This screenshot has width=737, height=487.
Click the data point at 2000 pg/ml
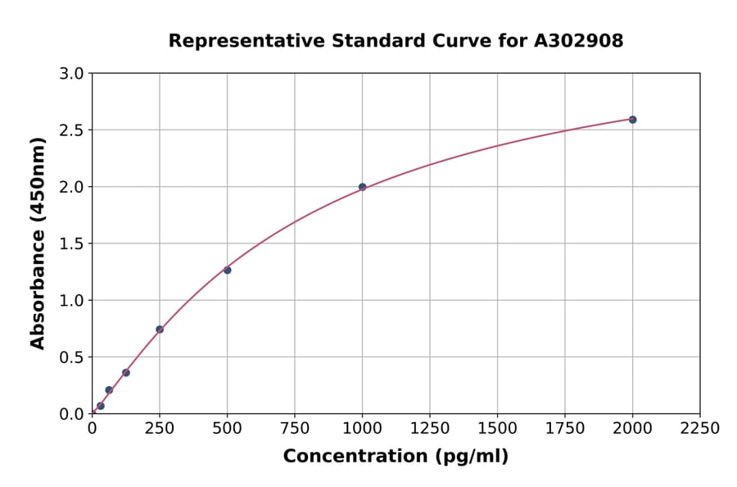click(x=632, y=120)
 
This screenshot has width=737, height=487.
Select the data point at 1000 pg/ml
click(x=362, y=187)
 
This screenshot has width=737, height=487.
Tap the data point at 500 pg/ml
click(x=227, y=270)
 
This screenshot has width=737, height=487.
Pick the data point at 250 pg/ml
click(x=160, y=330)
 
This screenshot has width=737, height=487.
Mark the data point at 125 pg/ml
click(x=126, y=372)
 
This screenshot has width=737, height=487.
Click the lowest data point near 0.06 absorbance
click(x=101, y=406)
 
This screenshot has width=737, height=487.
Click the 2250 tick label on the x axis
click(x=699, y=429)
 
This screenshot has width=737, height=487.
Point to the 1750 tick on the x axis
click(x=564, y=429)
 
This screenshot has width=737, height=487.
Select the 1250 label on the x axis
click(x=429, y=429)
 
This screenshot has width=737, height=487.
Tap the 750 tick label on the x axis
click(x=294, y=429)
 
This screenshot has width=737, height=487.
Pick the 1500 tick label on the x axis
click(x=497, y=429)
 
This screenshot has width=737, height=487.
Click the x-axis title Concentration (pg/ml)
click(x=396, y=457)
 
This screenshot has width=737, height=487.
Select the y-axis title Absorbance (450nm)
click(x=38, y=243)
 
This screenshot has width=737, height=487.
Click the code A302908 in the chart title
click(x=579, y=41)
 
